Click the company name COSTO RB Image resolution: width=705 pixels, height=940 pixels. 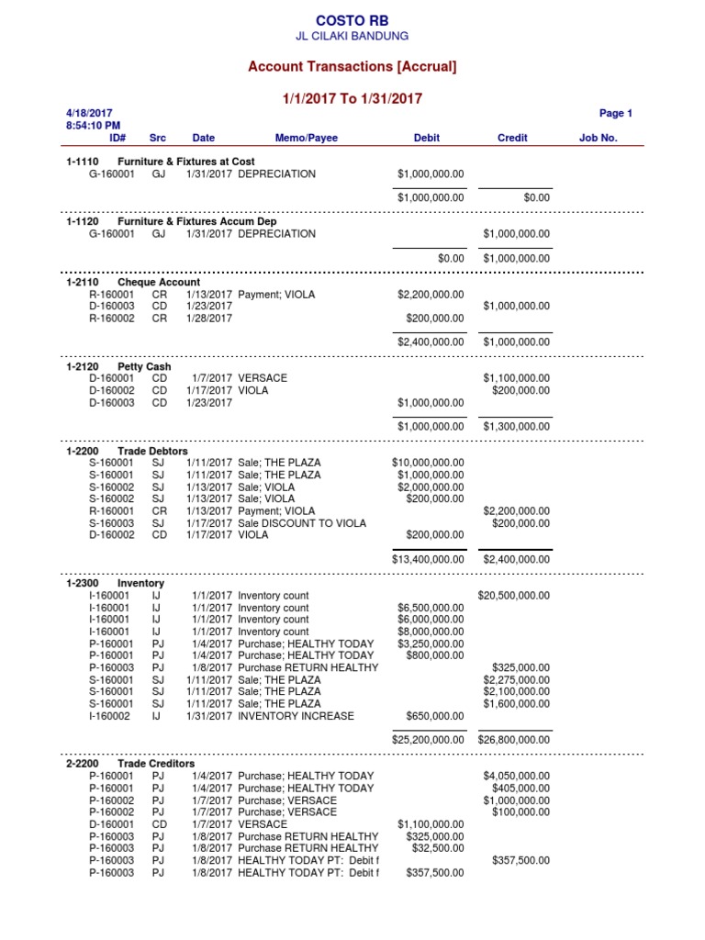tap(352, 20)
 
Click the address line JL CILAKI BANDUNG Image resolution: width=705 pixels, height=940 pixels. tap(352, 36)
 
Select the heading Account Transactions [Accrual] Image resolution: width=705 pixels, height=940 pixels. tap(352, 66)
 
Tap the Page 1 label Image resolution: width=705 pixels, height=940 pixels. tap(615, 114)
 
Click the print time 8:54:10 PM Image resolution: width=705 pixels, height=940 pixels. tap(94, 126)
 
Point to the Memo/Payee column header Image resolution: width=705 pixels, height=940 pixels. tap(306, 138)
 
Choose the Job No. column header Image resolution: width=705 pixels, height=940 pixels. tap(598, 138)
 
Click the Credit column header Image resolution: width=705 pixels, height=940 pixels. tap(512, 138)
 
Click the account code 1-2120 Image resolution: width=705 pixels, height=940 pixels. tap(83, 367)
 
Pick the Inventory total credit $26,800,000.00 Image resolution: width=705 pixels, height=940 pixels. tap(514, 739)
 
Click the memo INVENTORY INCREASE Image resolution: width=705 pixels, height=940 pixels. tap(296, 716)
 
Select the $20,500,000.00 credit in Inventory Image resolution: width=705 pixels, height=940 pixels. tap(514, 596)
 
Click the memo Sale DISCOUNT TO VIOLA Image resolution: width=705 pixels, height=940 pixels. tap(301, 523)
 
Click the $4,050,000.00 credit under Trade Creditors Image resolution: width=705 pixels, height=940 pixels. tap(517, 777)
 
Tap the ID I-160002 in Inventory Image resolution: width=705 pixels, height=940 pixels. tap(109, 716)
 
